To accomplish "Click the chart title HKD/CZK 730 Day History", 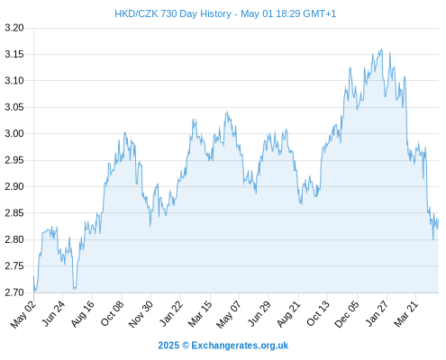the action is point(173,13).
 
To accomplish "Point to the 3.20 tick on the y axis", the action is point(14,28).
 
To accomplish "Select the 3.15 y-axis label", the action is point(14,54).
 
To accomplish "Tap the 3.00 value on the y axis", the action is point(14,133).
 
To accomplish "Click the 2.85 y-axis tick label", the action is point(14,213).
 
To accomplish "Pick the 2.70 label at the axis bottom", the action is point(14,292).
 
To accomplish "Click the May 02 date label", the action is point(23,314).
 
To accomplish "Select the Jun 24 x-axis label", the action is point(53,314).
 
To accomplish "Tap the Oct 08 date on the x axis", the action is point(112,314).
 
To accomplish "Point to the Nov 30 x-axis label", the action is point(141,314).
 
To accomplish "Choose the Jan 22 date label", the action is point(171,314).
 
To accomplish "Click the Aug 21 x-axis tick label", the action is point(288,314).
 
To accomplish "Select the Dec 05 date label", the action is point(347,314).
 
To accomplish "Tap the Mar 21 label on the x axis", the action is point(406,314).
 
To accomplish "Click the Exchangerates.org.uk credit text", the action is point(240,346).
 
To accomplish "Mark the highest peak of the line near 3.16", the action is point(382,49).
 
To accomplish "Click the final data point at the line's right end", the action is point(439,219).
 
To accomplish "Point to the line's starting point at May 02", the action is point(33,276).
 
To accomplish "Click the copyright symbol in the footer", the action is point(186,346).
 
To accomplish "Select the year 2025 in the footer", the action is point(168,346).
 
